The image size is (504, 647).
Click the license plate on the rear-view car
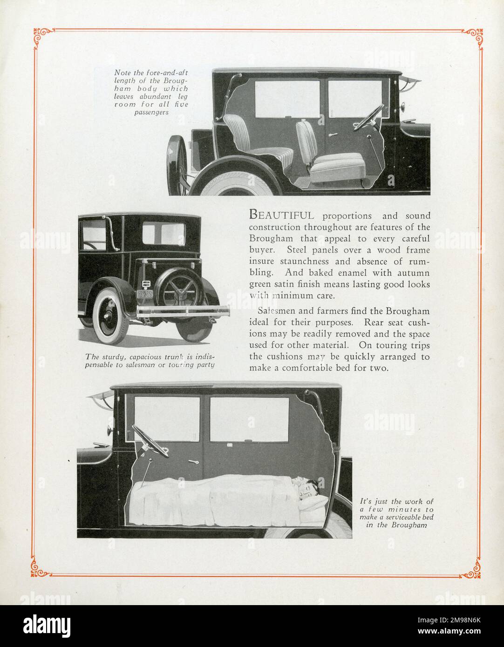tap(145, 294)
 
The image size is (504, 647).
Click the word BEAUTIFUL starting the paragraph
tap(281, 215)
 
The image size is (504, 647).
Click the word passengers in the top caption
tap(151, 113)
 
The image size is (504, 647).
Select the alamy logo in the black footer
tap(47, 626)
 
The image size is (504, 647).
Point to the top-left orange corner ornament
tap(42, 37)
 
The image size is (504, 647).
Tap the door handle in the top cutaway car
tap(333, 135)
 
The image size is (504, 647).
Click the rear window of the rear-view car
tap(163, 234)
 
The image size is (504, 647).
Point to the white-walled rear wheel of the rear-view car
tap(110, 316)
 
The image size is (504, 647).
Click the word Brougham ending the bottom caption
tap(409, 525)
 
